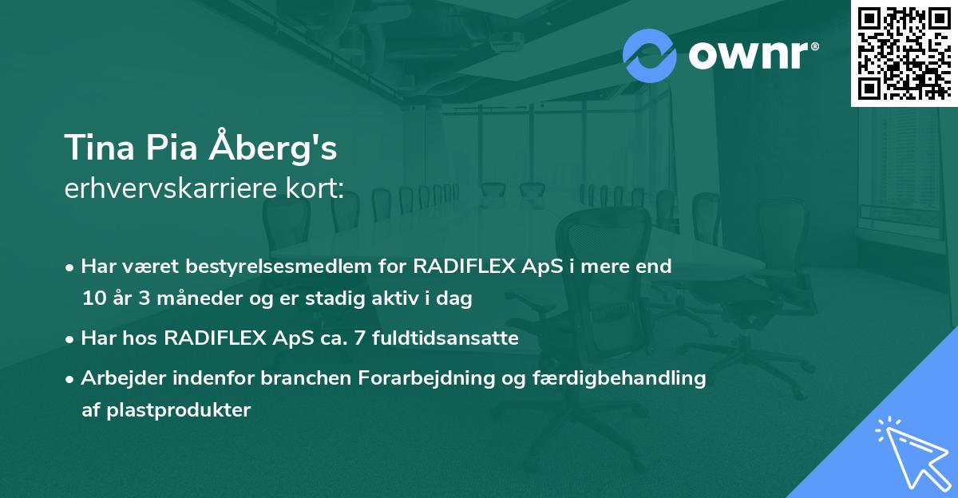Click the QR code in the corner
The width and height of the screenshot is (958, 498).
pos(905,53)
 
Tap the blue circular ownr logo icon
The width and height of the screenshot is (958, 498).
pos(649,56)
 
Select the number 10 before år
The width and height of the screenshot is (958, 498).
pos(93,299)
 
